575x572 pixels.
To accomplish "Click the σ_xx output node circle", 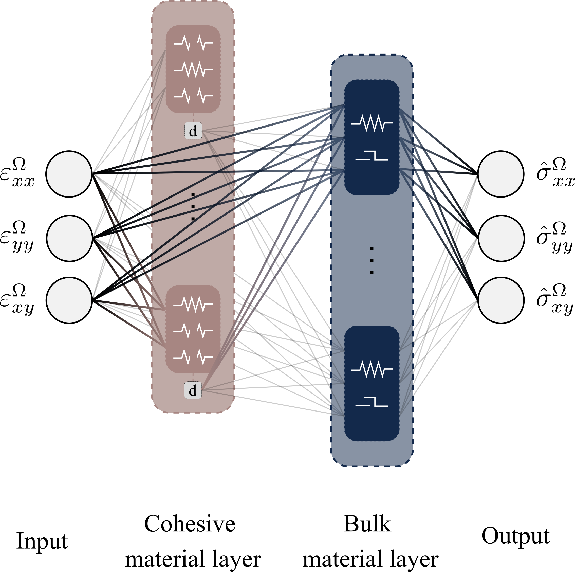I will pyautogui.click(x=501, y=174).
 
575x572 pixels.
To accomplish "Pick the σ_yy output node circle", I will pyautogui.click(x=501, y=238).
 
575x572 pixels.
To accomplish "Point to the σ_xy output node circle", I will pyautogui.click(x=501, y=300).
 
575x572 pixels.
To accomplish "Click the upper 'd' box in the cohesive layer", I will pyautogui.click(x=193, y=131).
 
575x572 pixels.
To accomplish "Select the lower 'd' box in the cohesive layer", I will pyautogui.click(x=193, y=390).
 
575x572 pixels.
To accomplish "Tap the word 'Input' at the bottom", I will pyautogui.click(x=42, y=541).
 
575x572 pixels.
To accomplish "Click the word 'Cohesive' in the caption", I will pyautogui.click(x=190, y=524).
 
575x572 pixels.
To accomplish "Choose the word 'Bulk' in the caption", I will pyautogui.click(x=367, y=524).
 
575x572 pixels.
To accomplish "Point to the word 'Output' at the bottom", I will pyautogui.click(x=515, y=536).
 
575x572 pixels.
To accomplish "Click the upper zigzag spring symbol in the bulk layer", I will pyautogui.click(x=372, y=123).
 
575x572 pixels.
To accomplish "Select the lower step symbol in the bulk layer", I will pyautogui.click(x=372, y=402).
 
